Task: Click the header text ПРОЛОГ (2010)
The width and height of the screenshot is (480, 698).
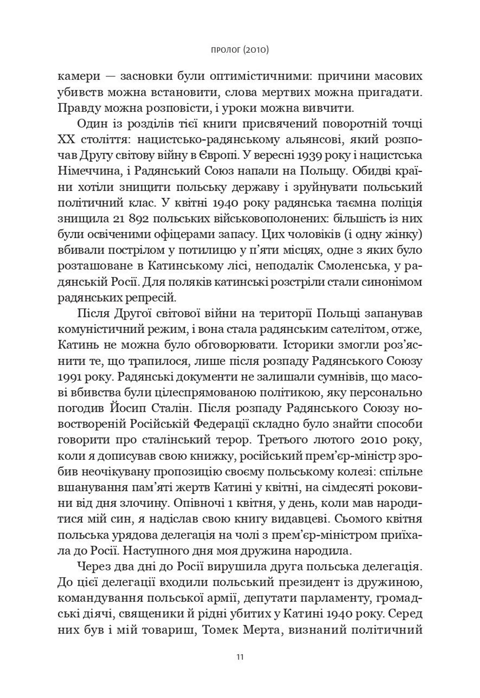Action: pyautogui.click(x=240, y=50)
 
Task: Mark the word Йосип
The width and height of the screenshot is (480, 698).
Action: pyautogui.click(x=129, y=409)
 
